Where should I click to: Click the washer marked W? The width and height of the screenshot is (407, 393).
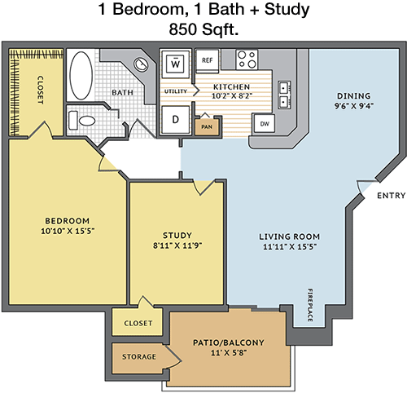pyautogui.click(x=175, y=64)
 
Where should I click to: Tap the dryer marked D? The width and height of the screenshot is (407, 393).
pyautogui.click(x=175, y=120)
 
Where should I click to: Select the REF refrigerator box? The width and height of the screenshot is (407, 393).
pyautogui.click(x=207, y=61)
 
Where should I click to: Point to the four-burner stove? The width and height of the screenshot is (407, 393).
pyautogui.click(x=247, y=60)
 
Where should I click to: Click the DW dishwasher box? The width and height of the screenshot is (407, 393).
pyautogui.click(x=264, y=124)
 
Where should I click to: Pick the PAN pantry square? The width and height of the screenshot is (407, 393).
pyautogui.click(x=207, y=126)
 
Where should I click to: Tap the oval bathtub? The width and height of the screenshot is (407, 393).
pyautogui.click(x=81, y=76)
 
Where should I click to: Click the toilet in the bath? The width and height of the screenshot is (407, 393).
pyautogui.click(x=82, y=121)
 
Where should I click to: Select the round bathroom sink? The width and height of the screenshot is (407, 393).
pyautogui.click(x=141, y=64)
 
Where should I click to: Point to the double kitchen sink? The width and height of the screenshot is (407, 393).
pyautogui.click(x=285, y=95)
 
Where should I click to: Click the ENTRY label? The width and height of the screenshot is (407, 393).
pyautogui.click(x=391, y=196)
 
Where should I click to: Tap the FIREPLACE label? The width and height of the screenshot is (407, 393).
pyautogui.click(x=310, y=305)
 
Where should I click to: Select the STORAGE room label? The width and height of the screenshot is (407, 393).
pyautogui.click(x=139, y=356)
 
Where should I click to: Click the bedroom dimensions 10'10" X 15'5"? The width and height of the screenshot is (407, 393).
pyautogui.click(x=68, y=231)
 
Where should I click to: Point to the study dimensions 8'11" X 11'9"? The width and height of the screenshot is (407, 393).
pyautogui.click(x=177, y=245)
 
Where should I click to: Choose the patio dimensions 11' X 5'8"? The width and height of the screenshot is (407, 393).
pyautogui.click(x=229, y=353)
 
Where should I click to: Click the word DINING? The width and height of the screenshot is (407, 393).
pyautogui.click(x=353, y=96)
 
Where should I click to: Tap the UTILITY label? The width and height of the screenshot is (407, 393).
pyautogui.click(x=176, y=91)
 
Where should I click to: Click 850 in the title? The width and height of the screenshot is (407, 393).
pyautogui.click(x=182, y=29)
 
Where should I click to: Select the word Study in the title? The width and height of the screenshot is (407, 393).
pyautogui.click(x=287, y=10)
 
